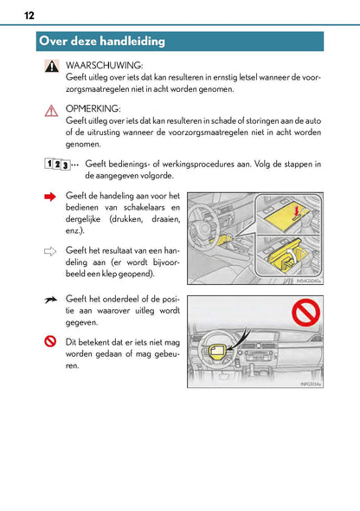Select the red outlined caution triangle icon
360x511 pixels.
(51, 110)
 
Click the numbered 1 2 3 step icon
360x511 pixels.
(55, 165)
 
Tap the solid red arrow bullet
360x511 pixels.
(50, 198)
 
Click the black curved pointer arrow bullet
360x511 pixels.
(50, 299)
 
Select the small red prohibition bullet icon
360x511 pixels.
(50, 342)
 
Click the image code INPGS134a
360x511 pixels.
(309, 384)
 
